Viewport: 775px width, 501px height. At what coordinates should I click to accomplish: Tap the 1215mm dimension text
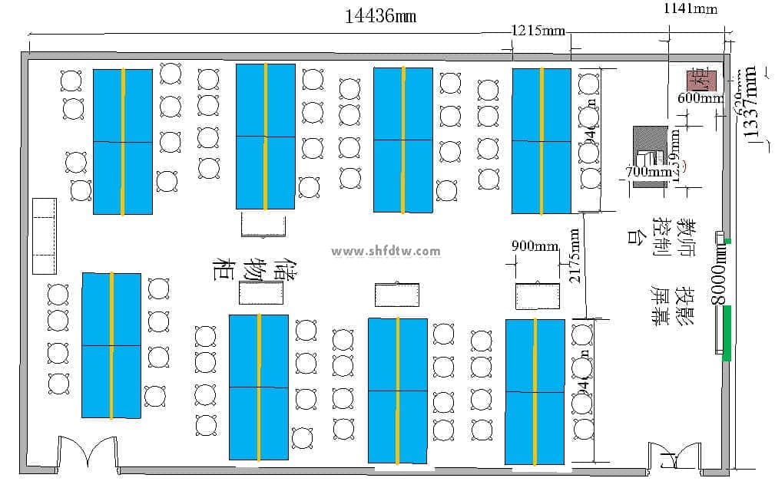[538, 31]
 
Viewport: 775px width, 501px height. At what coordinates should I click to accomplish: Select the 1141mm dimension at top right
[690, 8]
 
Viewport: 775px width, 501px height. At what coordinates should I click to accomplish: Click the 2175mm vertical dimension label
[574, 256]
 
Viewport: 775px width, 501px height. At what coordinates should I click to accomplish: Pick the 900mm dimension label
[535, 246]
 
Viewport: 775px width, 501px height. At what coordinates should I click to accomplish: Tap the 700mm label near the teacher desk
[648, 172]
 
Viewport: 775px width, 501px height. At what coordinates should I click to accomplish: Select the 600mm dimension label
[700, 98]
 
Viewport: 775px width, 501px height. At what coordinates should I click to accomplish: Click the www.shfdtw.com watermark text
[386, 252]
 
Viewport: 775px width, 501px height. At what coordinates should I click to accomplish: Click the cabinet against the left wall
[45, 236]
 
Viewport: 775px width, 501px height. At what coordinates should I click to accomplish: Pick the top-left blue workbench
[123, 141]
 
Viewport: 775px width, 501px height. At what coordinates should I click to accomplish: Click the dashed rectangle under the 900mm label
[535, 295]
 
